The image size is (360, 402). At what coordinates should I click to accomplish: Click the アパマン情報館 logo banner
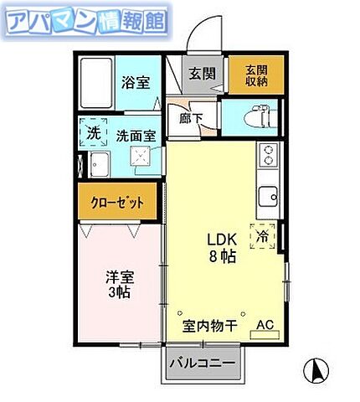click(85, 23)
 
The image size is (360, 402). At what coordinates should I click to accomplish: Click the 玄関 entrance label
click(201, 73)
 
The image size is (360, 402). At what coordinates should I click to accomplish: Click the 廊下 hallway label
click(190, 118)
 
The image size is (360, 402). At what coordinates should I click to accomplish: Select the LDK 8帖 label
click(222, 246)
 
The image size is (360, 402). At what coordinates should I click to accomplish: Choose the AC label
click(265, 325)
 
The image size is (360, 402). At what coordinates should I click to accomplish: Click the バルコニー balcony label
click(202, 363)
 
